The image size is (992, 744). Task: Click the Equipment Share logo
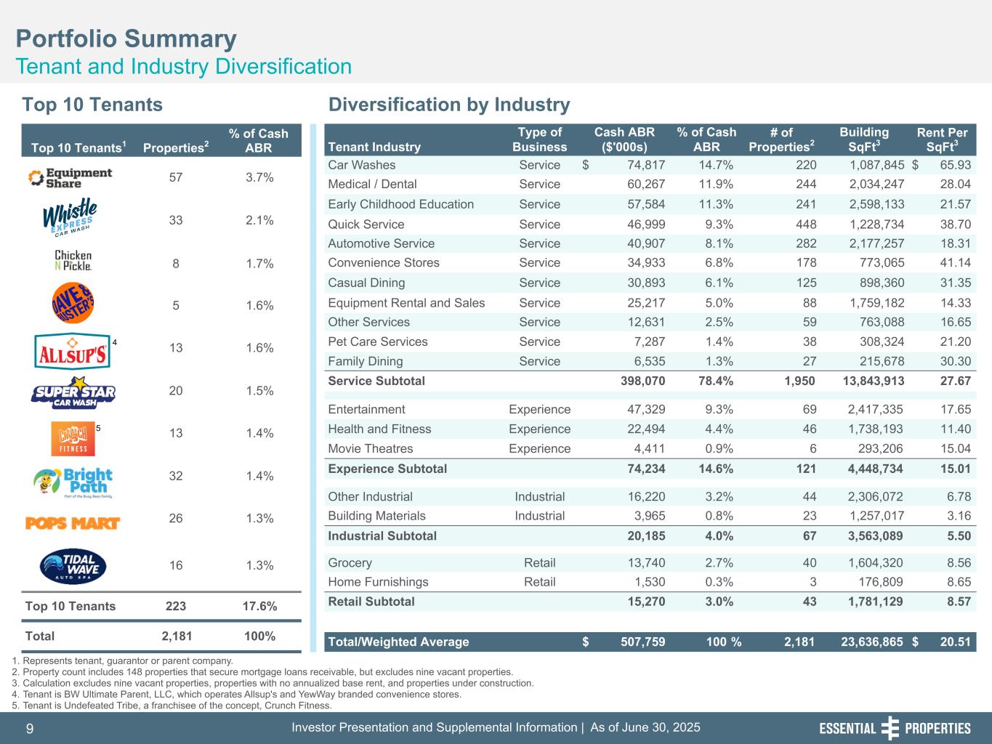pos(70,177)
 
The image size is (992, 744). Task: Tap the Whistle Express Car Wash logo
pos(70,218)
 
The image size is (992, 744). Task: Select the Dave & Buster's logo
pos(73,305)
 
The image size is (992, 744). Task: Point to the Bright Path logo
pos(73,480)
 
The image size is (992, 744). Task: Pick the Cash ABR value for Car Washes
pos(637,165)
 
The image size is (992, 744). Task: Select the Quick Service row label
pos(366,225)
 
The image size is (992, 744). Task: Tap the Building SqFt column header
pos(863,139)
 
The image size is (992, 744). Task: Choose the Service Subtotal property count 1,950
pos(799,381)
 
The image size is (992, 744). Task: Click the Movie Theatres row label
pos(370,449)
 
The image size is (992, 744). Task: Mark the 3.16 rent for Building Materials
pos(956,516)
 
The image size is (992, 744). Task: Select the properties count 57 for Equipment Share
pos(176,177)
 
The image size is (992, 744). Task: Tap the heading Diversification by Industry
pos(449,105)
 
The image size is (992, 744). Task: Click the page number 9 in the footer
pos(30,728)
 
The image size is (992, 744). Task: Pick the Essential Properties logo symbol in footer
pos(890,728)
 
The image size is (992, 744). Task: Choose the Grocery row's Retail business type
pos(539,562)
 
